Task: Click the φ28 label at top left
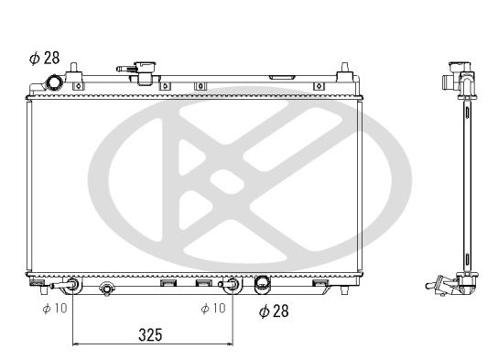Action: point(44,58)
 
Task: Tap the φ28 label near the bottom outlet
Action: point(274,311)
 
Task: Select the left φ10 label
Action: point(55,308)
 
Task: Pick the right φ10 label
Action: point(212,308)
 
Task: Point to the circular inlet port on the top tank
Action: point(55,83)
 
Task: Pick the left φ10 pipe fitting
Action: point(71,285)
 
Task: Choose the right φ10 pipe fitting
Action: point(233,285)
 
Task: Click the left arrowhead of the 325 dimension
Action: point(75,344)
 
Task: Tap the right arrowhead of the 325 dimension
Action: point(230,344)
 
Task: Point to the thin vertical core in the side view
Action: point(467,183)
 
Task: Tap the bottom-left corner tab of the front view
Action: point(36,282)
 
